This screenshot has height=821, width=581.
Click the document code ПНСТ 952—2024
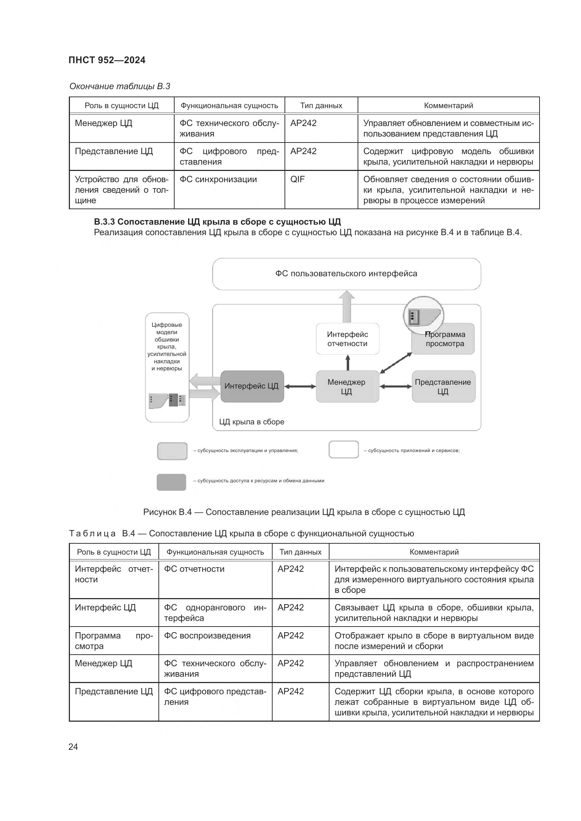107,60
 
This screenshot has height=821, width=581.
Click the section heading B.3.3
217,222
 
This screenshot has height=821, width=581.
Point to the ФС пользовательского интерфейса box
346,274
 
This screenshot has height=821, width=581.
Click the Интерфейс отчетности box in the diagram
347,339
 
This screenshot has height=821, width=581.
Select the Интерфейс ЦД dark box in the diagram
252,386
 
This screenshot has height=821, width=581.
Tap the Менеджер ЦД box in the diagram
347,386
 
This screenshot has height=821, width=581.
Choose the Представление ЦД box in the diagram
443,386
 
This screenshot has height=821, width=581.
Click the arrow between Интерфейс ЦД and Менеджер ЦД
300,386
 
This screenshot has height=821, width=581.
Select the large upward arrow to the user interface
347,307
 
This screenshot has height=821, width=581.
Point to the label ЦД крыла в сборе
252,422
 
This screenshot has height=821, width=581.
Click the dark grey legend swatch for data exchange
171,482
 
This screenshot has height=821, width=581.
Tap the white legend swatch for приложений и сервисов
344,450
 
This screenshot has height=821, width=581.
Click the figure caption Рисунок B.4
304,512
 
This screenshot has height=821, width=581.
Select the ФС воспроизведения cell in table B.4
207,635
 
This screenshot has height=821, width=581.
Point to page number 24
73,747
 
